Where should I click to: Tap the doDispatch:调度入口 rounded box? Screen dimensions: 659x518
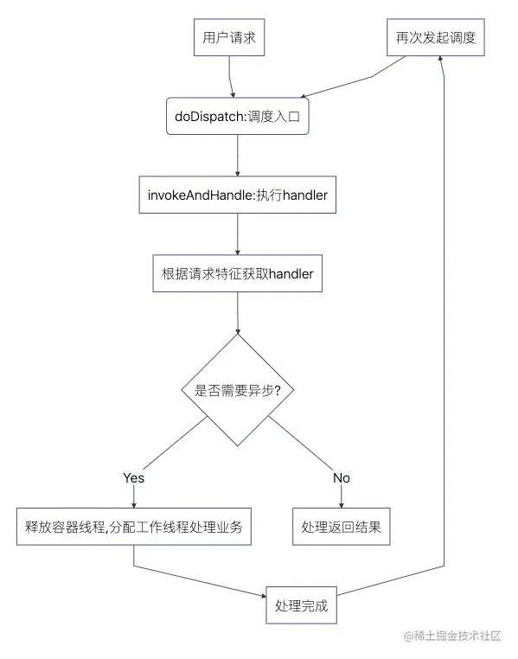(x=237, y=117)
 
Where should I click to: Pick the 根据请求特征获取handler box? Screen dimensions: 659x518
(x=237, y=274)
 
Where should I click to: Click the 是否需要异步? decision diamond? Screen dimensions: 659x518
(x=237, y=390)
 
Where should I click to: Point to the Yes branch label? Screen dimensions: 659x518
(x=133, y=477)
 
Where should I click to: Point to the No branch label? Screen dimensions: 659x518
(x=342, y=477)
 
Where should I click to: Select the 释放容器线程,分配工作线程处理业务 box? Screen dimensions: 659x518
(x=133, y=527)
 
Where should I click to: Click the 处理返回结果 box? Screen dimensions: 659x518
(x=342, y=527)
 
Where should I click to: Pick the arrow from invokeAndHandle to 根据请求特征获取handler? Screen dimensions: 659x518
(x=237, y=234)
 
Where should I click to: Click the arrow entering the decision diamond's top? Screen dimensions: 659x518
(x=237, y=316)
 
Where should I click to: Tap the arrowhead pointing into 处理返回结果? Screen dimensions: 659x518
(x=342, y=504)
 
